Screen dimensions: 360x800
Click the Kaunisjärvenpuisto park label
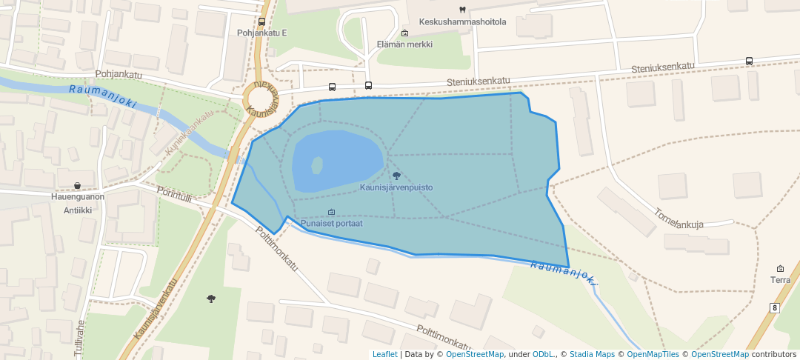coord(396,188)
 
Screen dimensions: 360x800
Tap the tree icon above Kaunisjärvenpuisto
coord(396,176)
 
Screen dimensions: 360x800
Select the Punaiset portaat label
coord(331,224)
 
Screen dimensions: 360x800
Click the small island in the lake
coord(317,164)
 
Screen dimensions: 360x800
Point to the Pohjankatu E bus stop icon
coord(261,22)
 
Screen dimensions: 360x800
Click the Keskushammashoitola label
coord(462,21)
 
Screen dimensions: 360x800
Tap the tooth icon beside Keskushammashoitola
coord(462,10)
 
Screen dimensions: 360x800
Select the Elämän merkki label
coord(404,44)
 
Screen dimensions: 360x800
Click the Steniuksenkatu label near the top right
coord(663,67)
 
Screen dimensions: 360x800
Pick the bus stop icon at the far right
coord(750,61)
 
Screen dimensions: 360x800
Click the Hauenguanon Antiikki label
coord(77,202)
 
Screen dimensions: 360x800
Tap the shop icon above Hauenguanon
coord(77,185)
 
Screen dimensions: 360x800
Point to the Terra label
coord(780,280)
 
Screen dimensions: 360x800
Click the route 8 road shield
coord(775,307)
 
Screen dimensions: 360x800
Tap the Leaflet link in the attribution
coord(384,354)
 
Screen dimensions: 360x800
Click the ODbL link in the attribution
coord(544,354)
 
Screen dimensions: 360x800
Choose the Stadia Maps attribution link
coord(592,354)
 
